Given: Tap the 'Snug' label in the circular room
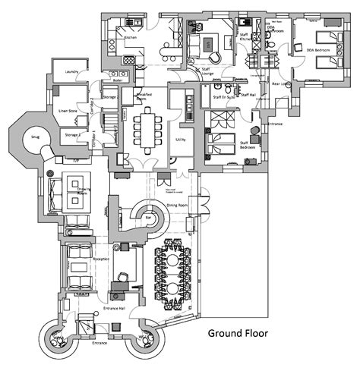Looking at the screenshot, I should tap(33, 138).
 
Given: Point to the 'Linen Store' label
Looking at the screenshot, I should tap(68, 112).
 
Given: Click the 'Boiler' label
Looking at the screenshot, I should tap(117, 80).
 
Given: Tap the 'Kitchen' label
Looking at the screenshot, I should tap(130, 36).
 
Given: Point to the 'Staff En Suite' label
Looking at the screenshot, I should tap(223, 97).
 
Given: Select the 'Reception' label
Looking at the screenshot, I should tap(101, 259).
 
